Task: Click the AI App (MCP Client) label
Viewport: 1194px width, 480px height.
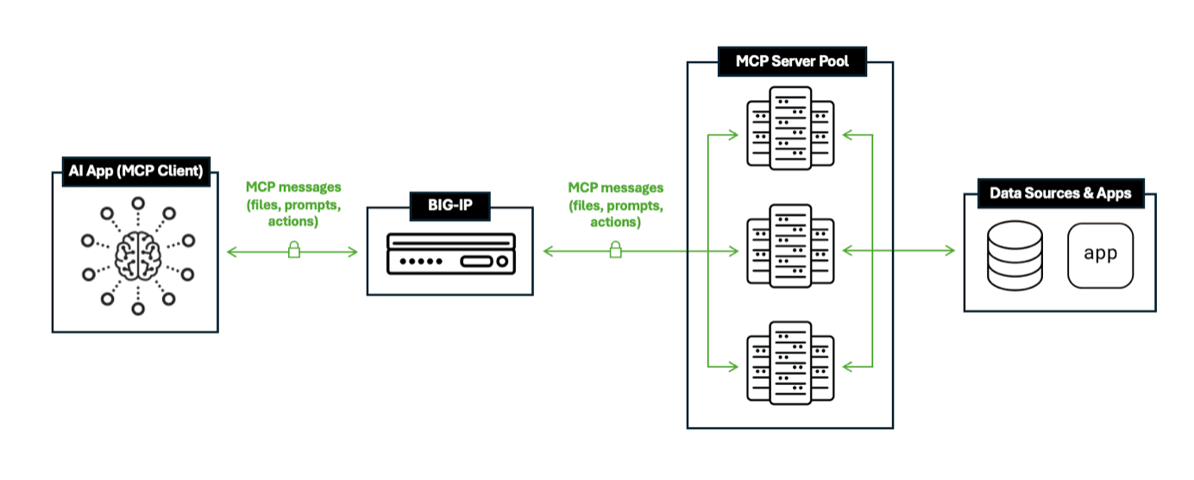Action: coord(136,172)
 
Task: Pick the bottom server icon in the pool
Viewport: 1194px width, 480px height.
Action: coord(790,363)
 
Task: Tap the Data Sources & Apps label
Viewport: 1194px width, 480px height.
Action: coord(1059,193)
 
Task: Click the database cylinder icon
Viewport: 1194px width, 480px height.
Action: coord(1014,256)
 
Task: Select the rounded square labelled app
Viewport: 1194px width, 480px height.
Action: coord(1100,256)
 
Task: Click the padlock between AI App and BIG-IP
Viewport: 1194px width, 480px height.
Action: coord(293,250)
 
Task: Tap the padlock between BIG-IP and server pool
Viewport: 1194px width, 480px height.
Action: coord(616,250)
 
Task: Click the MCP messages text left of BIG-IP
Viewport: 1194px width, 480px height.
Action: coord(293,204)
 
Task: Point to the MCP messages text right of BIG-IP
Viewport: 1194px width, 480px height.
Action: coord(616,205)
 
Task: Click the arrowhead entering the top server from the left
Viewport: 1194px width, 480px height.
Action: coord(733,135)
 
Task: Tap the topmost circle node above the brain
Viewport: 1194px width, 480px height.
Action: coord(137,203)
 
